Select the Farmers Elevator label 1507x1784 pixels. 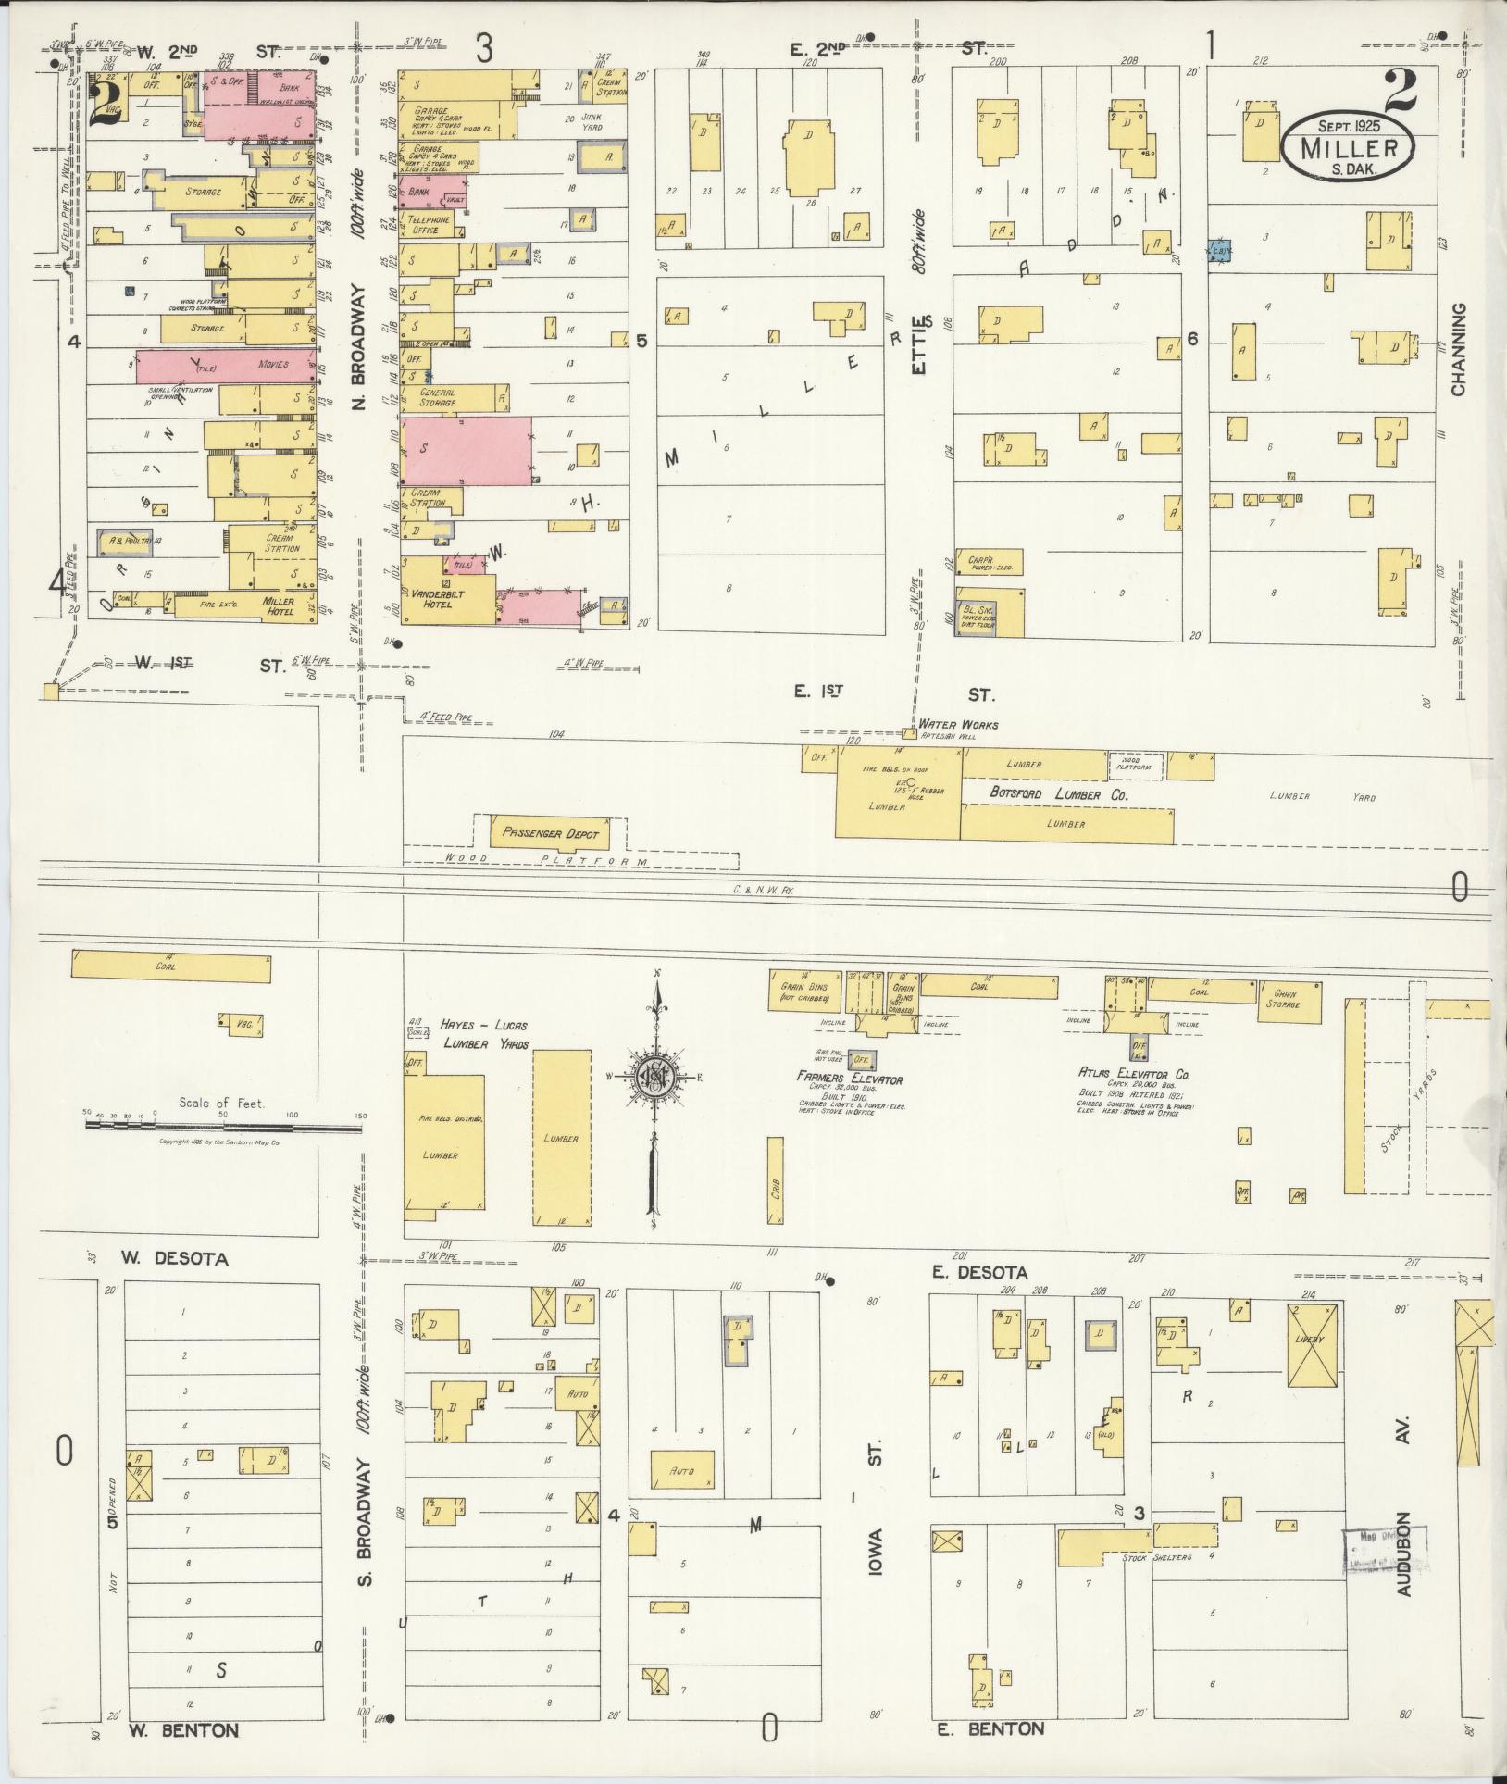point(850,1079)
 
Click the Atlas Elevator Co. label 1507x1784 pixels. point(1133,1074)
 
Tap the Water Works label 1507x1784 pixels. point(958,725)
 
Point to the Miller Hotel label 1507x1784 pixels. point(278,606)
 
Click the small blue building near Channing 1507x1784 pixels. point(1220,251)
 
